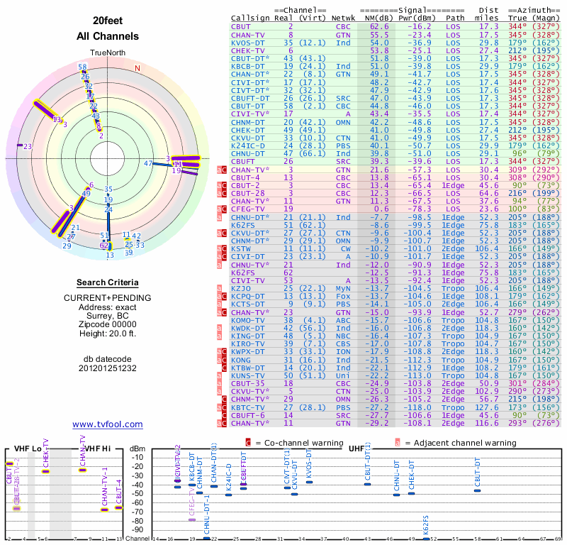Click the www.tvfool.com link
107,424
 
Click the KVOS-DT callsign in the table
247,43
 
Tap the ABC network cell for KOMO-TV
343,321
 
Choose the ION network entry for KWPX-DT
343,351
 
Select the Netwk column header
343,17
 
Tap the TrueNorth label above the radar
107,53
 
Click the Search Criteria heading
107,282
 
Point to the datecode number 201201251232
107,368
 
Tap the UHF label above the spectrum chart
357,448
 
